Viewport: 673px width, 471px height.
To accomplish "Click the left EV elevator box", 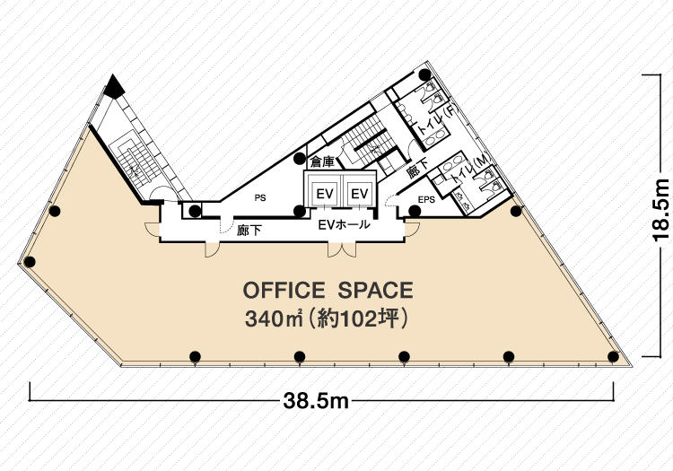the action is (325, 194).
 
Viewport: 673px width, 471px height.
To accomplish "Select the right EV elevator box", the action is (360, 194).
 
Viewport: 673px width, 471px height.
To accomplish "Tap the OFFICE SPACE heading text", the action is (328, 291).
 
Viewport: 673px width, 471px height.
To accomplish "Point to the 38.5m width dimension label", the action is (316, 402).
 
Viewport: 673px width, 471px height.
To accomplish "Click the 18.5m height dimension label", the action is (660, 209).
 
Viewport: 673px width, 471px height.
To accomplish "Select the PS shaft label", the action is (260, 197).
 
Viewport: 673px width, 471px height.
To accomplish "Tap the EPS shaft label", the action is (426, 199).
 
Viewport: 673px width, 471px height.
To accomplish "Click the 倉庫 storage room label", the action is (322, 162).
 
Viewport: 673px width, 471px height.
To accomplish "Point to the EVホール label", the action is (345, 224).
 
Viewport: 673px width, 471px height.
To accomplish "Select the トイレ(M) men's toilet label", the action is (468, 170).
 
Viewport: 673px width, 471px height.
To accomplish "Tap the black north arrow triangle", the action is (114, 87).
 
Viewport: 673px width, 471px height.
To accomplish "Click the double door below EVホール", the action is (342, 249).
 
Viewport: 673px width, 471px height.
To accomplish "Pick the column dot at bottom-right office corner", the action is (614, 356).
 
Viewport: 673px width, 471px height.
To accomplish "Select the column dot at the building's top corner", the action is (425, 74).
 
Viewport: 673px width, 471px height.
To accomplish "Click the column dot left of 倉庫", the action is (300, 159).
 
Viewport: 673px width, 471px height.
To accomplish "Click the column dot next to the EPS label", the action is (415, 211).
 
